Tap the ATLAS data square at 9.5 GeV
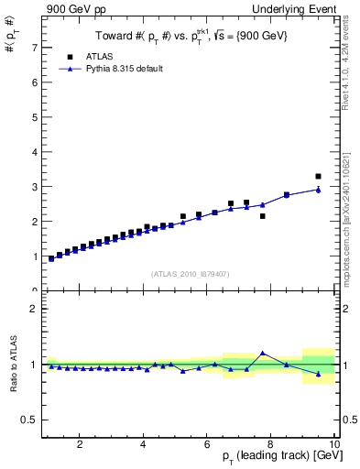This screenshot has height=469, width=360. tap(318, 176)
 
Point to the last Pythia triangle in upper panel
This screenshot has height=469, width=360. tap(318, 190)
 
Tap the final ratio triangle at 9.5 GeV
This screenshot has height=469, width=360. tap(318, 374)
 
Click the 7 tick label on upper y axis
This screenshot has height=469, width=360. tap(34, 47)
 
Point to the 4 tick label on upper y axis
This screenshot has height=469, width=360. tap(34, 151)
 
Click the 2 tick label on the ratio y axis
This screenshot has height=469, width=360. tap(34, 309)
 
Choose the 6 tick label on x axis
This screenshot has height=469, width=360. tap(206, 445)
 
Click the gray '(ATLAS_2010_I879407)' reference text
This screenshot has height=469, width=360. tap(189, 273)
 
